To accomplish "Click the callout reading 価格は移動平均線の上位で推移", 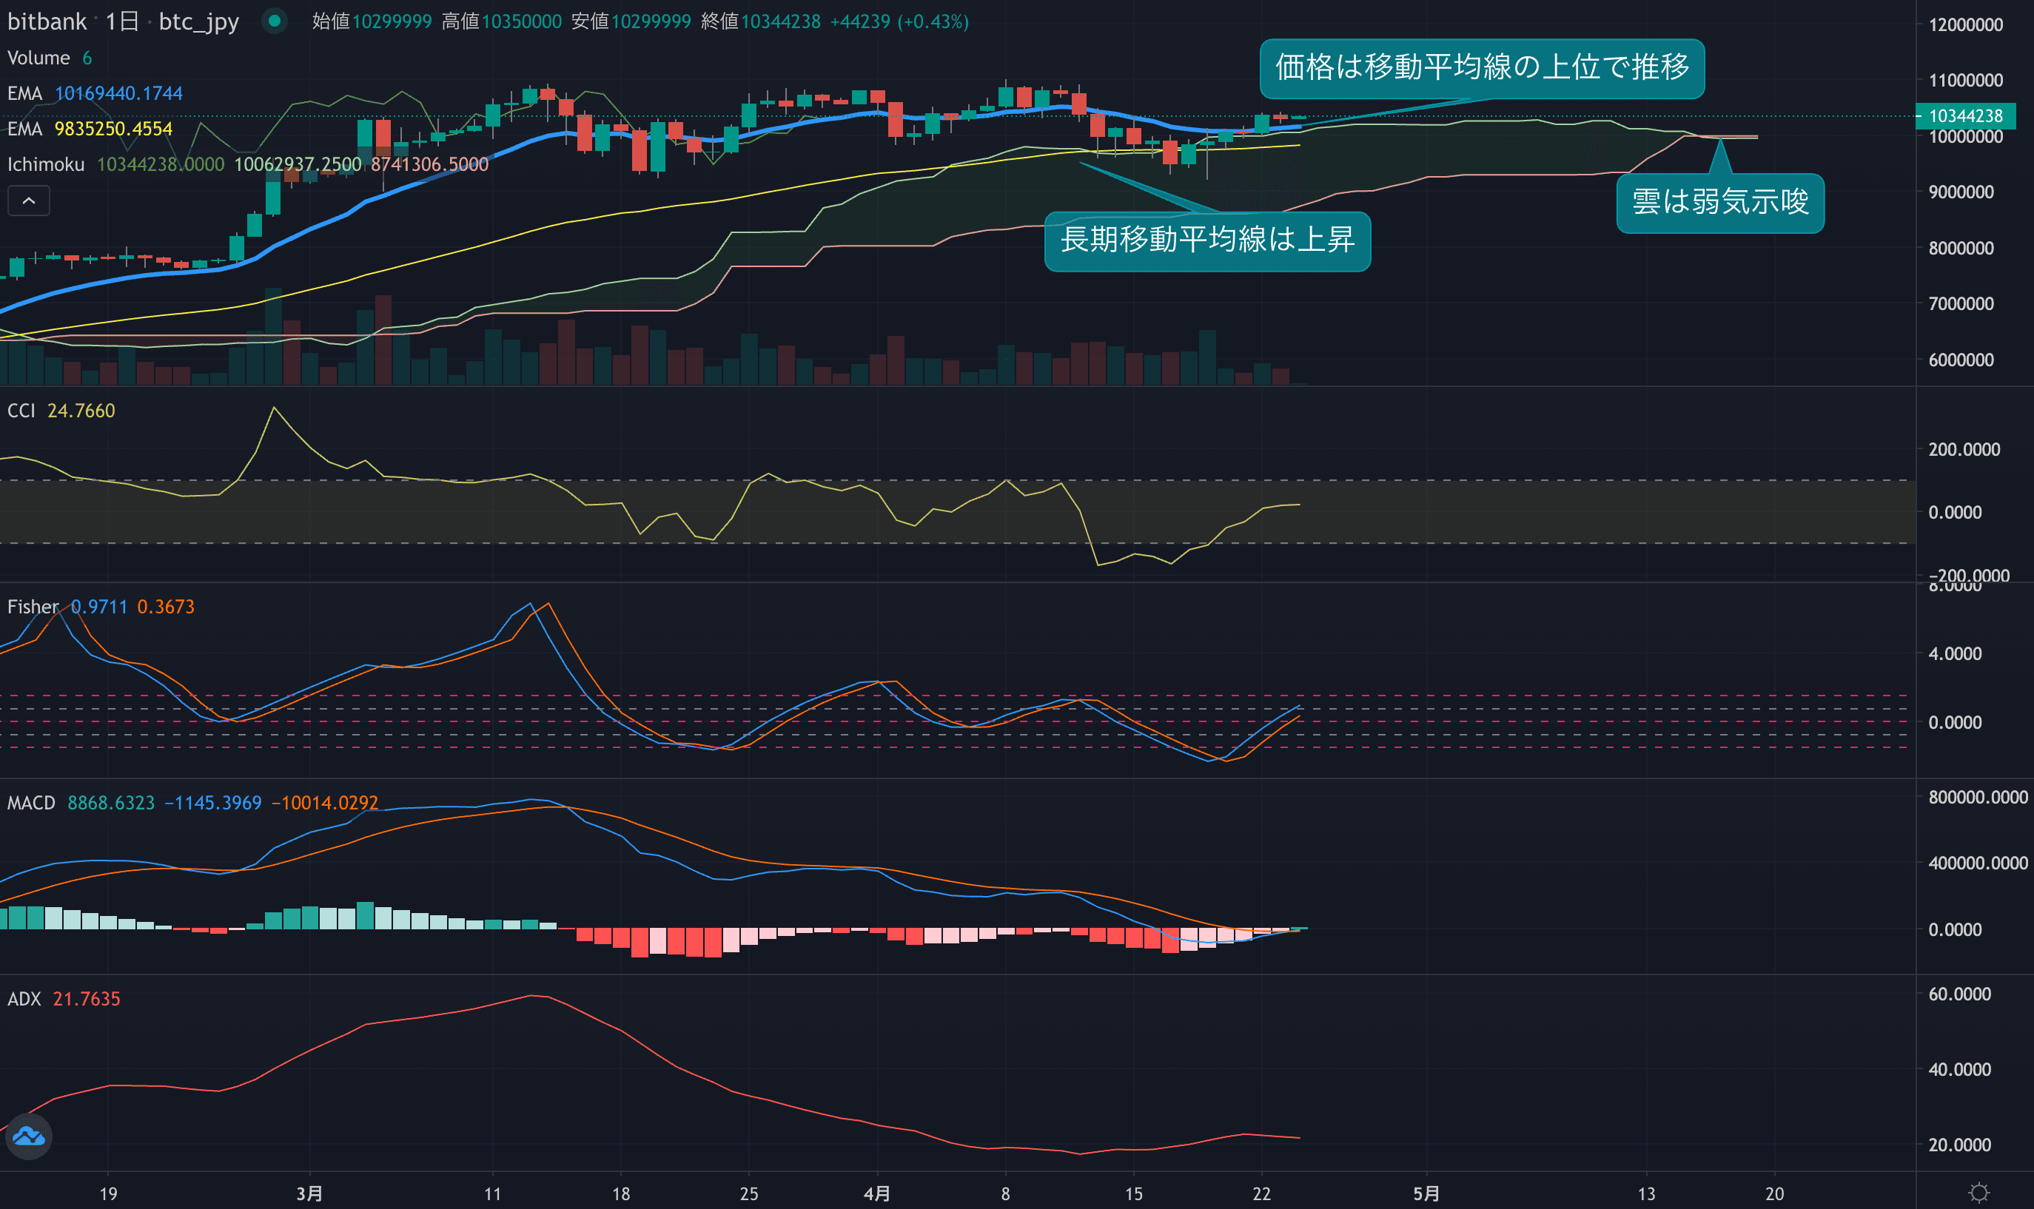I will pos(1482,67).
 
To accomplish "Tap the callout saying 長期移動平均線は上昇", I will pos(1207,240).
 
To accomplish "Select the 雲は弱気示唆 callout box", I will pos(1719,202).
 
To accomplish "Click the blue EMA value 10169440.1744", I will pos(118,94).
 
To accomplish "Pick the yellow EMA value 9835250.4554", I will pos(113,129).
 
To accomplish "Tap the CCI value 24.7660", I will pos(81,411).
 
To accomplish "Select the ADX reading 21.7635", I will pos(87,999).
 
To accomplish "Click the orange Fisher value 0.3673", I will pos(165,607).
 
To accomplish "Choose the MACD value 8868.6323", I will pos(111,804).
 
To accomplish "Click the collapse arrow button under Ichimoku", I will pos(29,201).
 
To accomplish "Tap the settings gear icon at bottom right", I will pos(1978,1193).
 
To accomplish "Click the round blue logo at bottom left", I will pos(29,1136).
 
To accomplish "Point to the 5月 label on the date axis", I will pos(1426,1194).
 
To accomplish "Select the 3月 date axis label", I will pos(309,1194).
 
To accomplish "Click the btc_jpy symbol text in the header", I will pos(198,21).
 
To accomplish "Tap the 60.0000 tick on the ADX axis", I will pos(1959,994).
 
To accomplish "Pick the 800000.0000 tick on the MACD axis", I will pos(1977,798).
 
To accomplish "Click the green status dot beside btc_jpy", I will pos(275,21).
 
